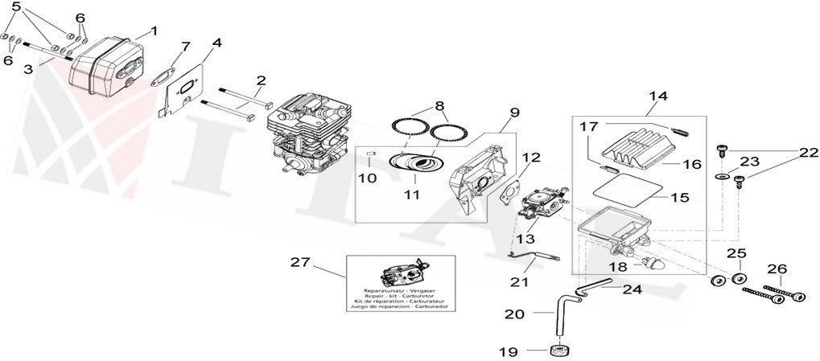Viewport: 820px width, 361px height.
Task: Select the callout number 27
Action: (x=299, y=262)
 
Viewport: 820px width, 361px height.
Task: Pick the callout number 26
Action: (x=777, y=269)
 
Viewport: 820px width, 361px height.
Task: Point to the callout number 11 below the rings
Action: (x=416, y=195)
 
